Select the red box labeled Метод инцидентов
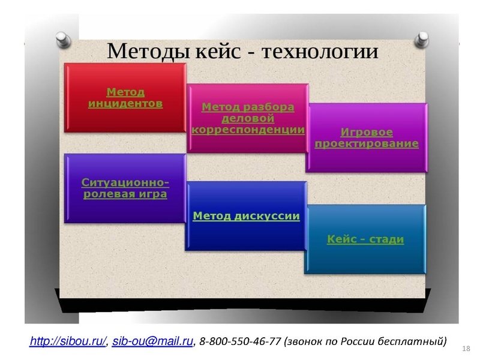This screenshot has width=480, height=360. coord(125,97)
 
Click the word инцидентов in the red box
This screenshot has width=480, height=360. coord(125,103)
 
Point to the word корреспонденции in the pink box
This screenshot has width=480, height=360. coord(248,129)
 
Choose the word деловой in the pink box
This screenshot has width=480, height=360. coord(248,118)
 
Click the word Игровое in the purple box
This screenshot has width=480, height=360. coord(367,132)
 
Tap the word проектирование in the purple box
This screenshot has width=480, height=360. coord(367,144)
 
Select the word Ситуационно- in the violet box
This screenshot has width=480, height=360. coord(125,182)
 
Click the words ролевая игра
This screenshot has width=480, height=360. coord(125,194)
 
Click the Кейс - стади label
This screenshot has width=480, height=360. coord(365,239)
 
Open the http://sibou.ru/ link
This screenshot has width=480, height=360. coord(68,341)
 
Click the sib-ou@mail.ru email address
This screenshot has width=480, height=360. coord(152,341)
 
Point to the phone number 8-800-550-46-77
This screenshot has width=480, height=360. coord(240,341)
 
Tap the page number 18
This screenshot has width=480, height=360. coord(467,349)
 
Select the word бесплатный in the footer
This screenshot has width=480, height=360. coord(414,341)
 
